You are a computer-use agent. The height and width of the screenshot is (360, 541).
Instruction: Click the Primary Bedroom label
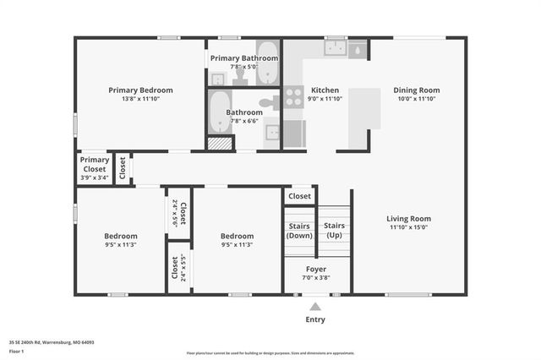point(140,90)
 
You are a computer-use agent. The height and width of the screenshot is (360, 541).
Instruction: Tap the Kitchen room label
point(325,90)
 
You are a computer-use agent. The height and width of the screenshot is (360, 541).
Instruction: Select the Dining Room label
point(416,90)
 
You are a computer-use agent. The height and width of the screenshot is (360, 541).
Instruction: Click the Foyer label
point(316,269)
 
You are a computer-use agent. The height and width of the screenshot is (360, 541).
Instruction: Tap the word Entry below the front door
point(314,319)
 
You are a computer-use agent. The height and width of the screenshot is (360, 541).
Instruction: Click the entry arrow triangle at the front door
point(314,306)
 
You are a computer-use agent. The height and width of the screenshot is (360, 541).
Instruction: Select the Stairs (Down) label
point(299,231)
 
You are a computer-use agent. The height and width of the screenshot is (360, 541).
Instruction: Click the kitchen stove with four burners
point(293,97)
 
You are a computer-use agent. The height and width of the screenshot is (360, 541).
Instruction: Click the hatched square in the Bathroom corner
point(220,144)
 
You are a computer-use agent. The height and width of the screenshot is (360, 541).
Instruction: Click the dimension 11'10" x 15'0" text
point(409,227)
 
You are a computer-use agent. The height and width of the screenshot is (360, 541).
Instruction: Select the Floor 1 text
point(16,350)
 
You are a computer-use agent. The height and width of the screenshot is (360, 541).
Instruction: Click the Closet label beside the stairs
point(299,196)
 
